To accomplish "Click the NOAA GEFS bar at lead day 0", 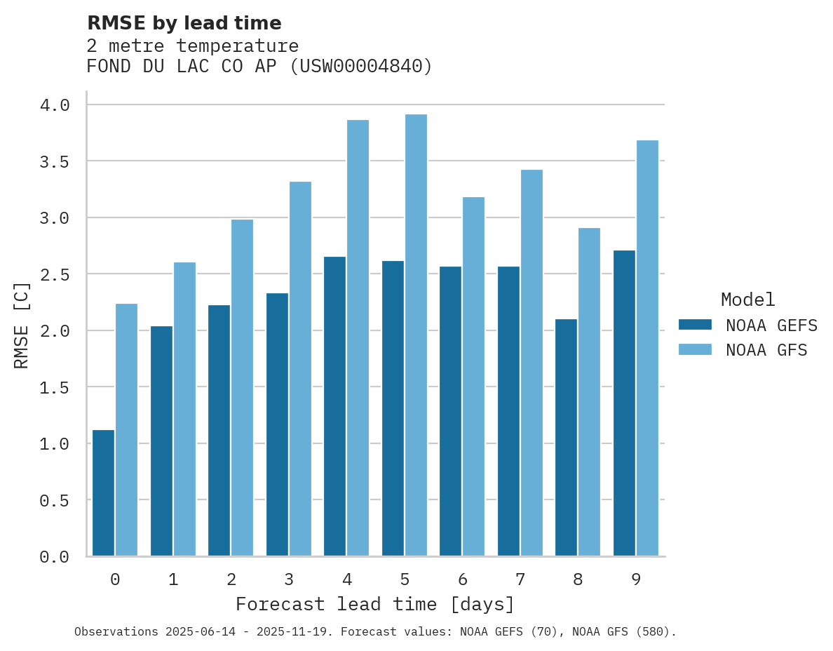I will point(103,492).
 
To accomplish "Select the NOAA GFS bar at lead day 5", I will point(416,335).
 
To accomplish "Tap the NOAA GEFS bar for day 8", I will point(566,438).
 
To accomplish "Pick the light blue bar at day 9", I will point(647,348).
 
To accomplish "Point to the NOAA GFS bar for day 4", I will point(358,337).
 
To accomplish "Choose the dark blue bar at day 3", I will point(277,424).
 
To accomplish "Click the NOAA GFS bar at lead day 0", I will point(126,429).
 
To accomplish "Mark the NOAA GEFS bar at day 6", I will point(450,411).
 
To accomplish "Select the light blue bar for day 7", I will point(531,363).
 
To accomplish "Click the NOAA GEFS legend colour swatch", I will point(695,325).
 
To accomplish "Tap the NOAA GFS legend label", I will point(766,349).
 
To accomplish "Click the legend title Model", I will point(747,300).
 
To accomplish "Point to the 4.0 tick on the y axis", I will point(55,105).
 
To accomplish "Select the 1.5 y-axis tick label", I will point(55,387).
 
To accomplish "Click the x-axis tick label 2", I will point(231,579).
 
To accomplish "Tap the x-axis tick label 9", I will point(636,579).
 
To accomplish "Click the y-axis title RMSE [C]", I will point(22,325).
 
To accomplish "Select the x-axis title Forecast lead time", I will point(375,604).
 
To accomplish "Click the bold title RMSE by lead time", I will point(184,23).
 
